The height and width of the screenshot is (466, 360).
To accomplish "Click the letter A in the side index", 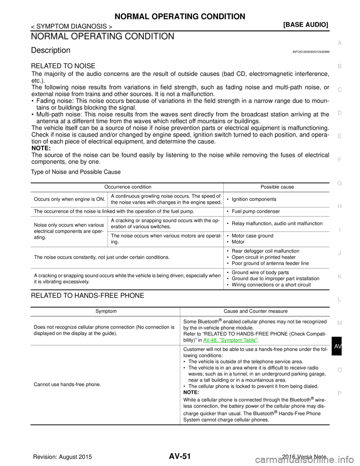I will [339, 43].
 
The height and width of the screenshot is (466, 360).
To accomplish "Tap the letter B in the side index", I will [339, 66].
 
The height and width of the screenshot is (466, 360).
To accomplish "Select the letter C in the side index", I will [339, 90].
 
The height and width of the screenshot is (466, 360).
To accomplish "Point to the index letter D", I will [339, 113].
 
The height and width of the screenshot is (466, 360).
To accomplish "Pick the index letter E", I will [339, 136].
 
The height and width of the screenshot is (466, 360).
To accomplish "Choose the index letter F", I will [339, 160].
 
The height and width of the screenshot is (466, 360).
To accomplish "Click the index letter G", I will [339, 183].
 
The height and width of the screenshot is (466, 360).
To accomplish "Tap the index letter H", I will [339, 206].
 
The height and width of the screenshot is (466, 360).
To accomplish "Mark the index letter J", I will [339, 253].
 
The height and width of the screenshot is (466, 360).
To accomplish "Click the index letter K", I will [339, 277].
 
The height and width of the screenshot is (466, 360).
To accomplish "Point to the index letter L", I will [339, 300].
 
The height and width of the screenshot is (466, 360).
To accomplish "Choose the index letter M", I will [339, 323].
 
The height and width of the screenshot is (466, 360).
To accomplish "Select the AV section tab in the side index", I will [338, 347].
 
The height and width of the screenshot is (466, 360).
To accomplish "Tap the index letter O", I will [339, 370].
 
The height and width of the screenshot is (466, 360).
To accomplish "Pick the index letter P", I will [339, 393].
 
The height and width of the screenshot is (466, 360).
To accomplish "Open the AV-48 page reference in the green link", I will [210, 341].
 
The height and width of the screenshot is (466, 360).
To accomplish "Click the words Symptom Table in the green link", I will [238, 341].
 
